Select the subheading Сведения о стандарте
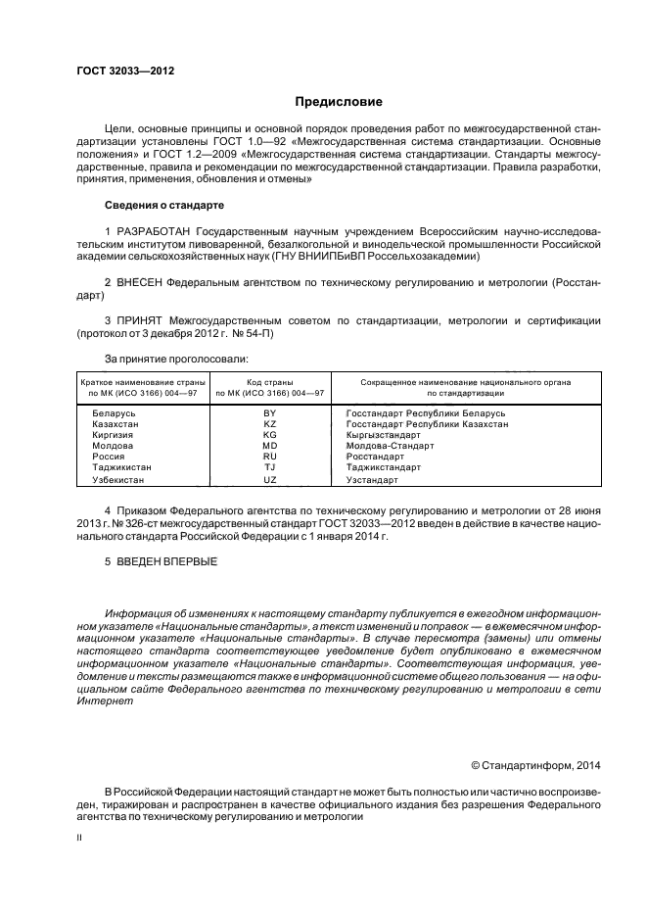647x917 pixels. (x=164, y=206)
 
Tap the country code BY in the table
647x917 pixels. (x=270, y=413)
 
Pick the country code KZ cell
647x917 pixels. (x=270, y=424)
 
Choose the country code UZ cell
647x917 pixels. (x=270, y=480)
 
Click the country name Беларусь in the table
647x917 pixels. (x=114, y=413)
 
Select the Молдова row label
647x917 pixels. (x=113, y=446)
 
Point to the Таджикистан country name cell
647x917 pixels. (x=121, y=467)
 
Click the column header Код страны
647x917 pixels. (x=270, y=381)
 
